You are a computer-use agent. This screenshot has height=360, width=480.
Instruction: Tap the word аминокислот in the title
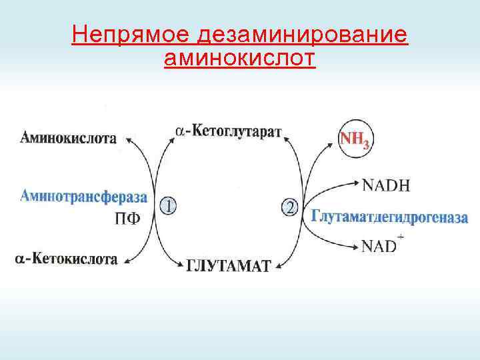pos(239,59)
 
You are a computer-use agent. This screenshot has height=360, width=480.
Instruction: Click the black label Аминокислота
pos(68,139)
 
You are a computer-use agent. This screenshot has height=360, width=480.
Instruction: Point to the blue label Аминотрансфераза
pos(83,196)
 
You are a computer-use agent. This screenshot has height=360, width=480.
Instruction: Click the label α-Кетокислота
pos(67,259)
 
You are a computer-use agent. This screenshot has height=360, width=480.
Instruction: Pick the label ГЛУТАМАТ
pos(228,266)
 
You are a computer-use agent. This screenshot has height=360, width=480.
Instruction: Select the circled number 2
pos(290,207)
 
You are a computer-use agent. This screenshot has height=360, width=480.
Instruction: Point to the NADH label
pos(386,185)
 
